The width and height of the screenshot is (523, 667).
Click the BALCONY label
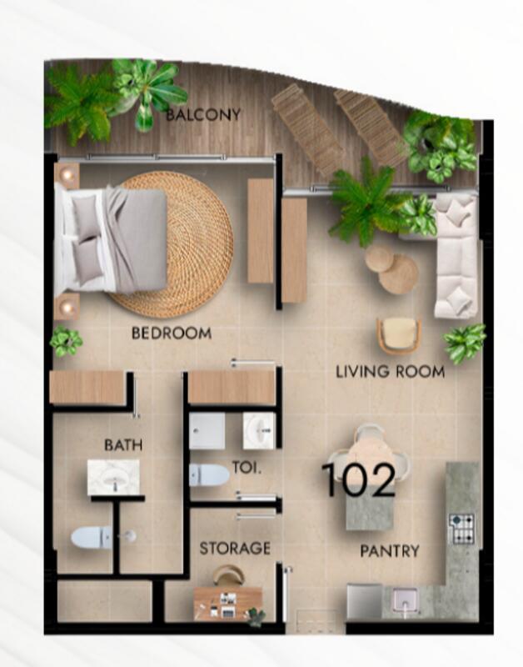tap(203, 114)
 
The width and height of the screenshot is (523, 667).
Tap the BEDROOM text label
tap(172, 333)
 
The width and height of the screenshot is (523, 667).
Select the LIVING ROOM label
tap(390, 372)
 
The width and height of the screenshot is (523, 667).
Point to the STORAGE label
tap(235, 549)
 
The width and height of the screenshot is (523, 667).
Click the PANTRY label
tap(390, 551)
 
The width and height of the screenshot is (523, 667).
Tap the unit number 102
tap(359, 480)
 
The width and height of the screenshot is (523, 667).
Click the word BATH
tap(123, 445)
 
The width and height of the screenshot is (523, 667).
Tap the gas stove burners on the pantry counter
tap(461, 529)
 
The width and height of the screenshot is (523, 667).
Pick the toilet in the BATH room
tap(92, 537)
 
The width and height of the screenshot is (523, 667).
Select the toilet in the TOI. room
tap(209, 474)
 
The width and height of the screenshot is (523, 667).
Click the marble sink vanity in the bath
tap(113, 477)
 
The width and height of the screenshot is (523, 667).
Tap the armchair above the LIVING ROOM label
tap(399, 336)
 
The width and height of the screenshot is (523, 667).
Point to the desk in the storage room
tap(227, 603)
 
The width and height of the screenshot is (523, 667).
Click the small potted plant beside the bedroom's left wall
tap(67, 341)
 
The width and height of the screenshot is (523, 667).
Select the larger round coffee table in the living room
tap(398, 274)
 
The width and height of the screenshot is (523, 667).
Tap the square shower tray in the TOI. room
tap(207, 431)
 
